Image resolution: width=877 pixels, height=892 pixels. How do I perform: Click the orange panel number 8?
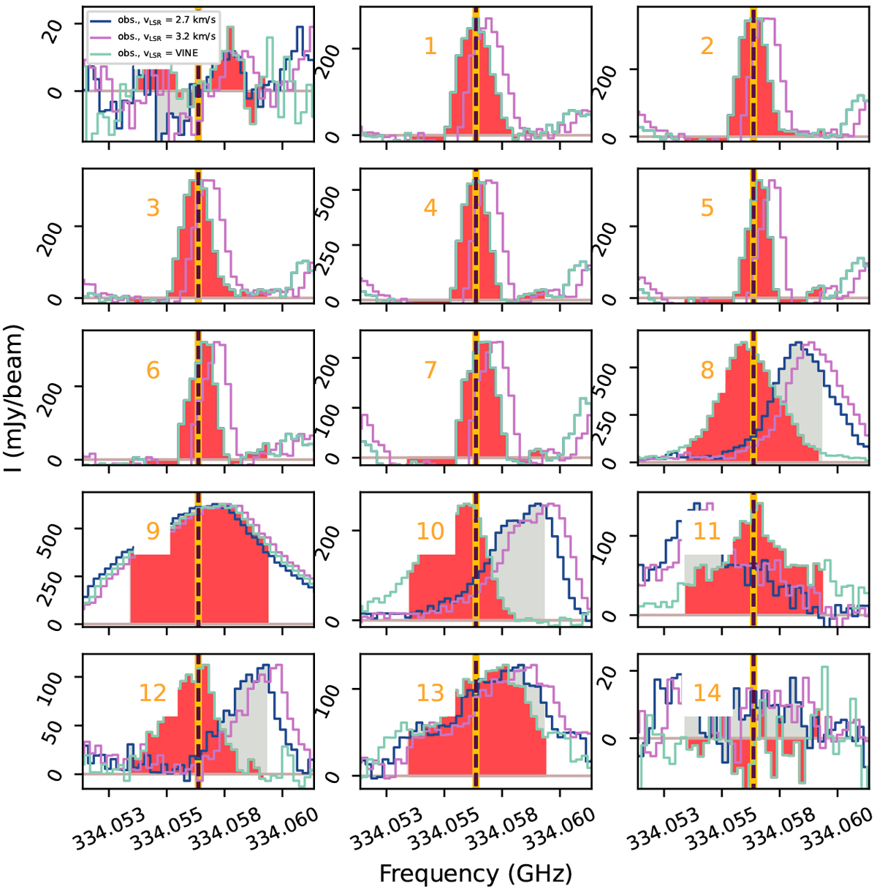(707, 370)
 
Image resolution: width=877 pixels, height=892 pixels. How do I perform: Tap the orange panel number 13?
(430, 692)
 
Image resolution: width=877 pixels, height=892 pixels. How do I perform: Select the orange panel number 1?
(430, 46)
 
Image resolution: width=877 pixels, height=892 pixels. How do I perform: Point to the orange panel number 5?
(707, 208)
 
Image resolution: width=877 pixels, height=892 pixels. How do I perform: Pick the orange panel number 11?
(707, 531)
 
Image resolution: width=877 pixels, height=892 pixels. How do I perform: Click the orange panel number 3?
(152, 208)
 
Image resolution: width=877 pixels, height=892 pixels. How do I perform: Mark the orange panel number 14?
(707, 692)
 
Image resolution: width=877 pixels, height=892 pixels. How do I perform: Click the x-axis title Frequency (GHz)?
(475, 873)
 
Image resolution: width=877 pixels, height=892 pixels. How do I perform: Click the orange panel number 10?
(430, 531)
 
